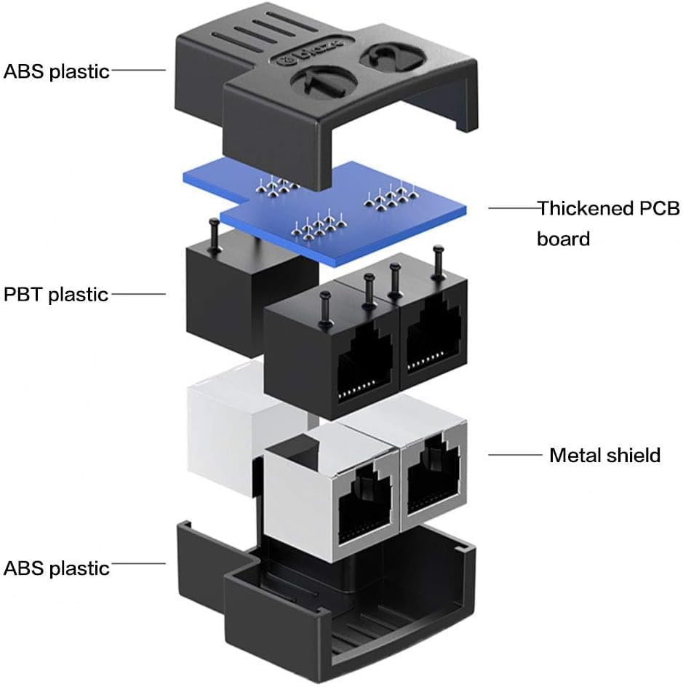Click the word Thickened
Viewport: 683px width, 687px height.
pyautogui.click(x=586, y=209)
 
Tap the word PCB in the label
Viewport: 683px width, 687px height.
pyautogui.click(x=659, y=209)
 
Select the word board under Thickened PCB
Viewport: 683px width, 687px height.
pyautogui.click(x=563, y=238)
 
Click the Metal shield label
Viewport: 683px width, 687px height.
pyautogui.click(x=604, y=456)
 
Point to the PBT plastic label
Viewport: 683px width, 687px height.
pyautogui.click(x=56, y=295)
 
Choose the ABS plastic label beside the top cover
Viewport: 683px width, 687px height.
pyautogui.click(x=57, y=71)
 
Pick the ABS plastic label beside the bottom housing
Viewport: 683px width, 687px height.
pyautogui.click(x=57, y=568)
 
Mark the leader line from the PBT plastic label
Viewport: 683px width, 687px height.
pyautogui.click(x=139, y=295)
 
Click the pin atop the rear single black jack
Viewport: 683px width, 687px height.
pyautogui.click(x=214, y=233)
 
